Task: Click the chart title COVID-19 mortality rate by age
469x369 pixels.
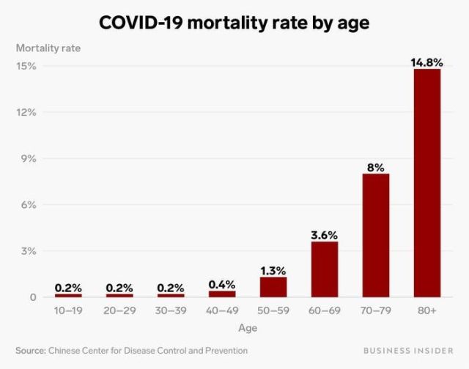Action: click(x=234, y=23)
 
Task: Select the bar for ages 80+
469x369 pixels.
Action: click(x=426, y=183)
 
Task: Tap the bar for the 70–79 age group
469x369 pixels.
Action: click(x=375, y=235)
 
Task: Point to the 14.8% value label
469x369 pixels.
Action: click(x=426, y=63)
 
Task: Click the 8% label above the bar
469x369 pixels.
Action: click(x=375, y=167)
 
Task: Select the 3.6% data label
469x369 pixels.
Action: click(x=324, y=235)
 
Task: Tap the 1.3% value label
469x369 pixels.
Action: click(x=273, y=270)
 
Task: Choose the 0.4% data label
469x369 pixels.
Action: click(x=221, y=284)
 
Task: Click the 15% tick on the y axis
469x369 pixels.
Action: click(x=27, y=66)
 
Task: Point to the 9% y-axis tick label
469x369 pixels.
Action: click(x=29, y=159)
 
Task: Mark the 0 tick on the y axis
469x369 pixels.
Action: click(x=33, y=297)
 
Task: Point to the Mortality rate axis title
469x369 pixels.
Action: click(x=48, y=48)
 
